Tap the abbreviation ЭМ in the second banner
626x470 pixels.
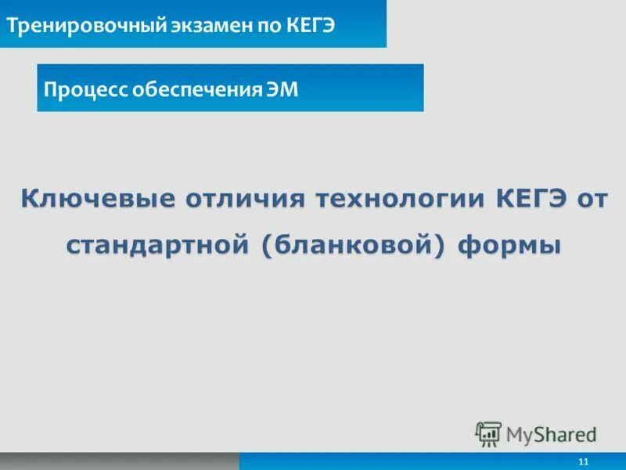(x=284, y=89)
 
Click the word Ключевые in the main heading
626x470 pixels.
(x=97, y=198)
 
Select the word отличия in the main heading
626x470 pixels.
(x=242, y=198)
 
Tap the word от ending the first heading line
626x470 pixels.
(x=592, y=198)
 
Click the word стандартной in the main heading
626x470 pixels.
(x=155, y=244)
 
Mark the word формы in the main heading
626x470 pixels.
(x=509, y=244)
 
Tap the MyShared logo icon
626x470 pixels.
(x=488, y=433)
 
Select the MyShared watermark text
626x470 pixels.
(x=551, y=433)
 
